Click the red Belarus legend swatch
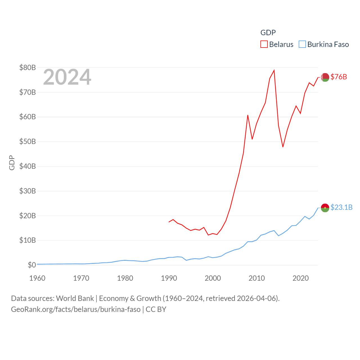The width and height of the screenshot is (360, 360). (x=264, y=44)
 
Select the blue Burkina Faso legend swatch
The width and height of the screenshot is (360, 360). (x=302, y=44)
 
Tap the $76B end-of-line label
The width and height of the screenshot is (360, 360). (x=339, y=77)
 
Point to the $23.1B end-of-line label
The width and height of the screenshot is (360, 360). (x=341, y=207)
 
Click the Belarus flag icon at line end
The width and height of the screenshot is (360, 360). (x=325, y=77)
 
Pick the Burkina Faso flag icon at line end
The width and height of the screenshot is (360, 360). (x=325, y=208)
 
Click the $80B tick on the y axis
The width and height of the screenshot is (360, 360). (x=28, y=67)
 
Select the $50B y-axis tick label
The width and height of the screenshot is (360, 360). (x=28, y=141)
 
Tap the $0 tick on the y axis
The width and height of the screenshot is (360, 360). (x=32, y=265)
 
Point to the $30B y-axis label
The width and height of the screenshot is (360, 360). (x=28, y=191)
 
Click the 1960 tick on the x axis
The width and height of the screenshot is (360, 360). (x=37, y=278)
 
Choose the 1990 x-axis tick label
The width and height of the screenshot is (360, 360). (x=169, y=278)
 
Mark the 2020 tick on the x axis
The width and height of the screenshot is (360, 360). (x=301, y=278)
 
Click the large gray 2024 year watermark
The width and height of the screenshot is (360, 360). (x=67, y=77)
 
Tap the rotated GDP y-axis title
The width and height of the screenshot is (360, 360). (x=12, y=163)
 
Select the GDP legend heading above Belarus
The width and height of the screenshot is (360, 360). (x=268, y=33)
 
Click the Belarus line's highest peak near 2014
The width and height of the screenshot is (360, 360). (x=274, y=70)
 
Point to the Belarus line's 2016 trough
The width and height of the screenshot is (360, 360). (x=283, y=147)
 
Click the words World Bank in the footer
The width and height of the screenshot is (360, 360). (x=75, y=298)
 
